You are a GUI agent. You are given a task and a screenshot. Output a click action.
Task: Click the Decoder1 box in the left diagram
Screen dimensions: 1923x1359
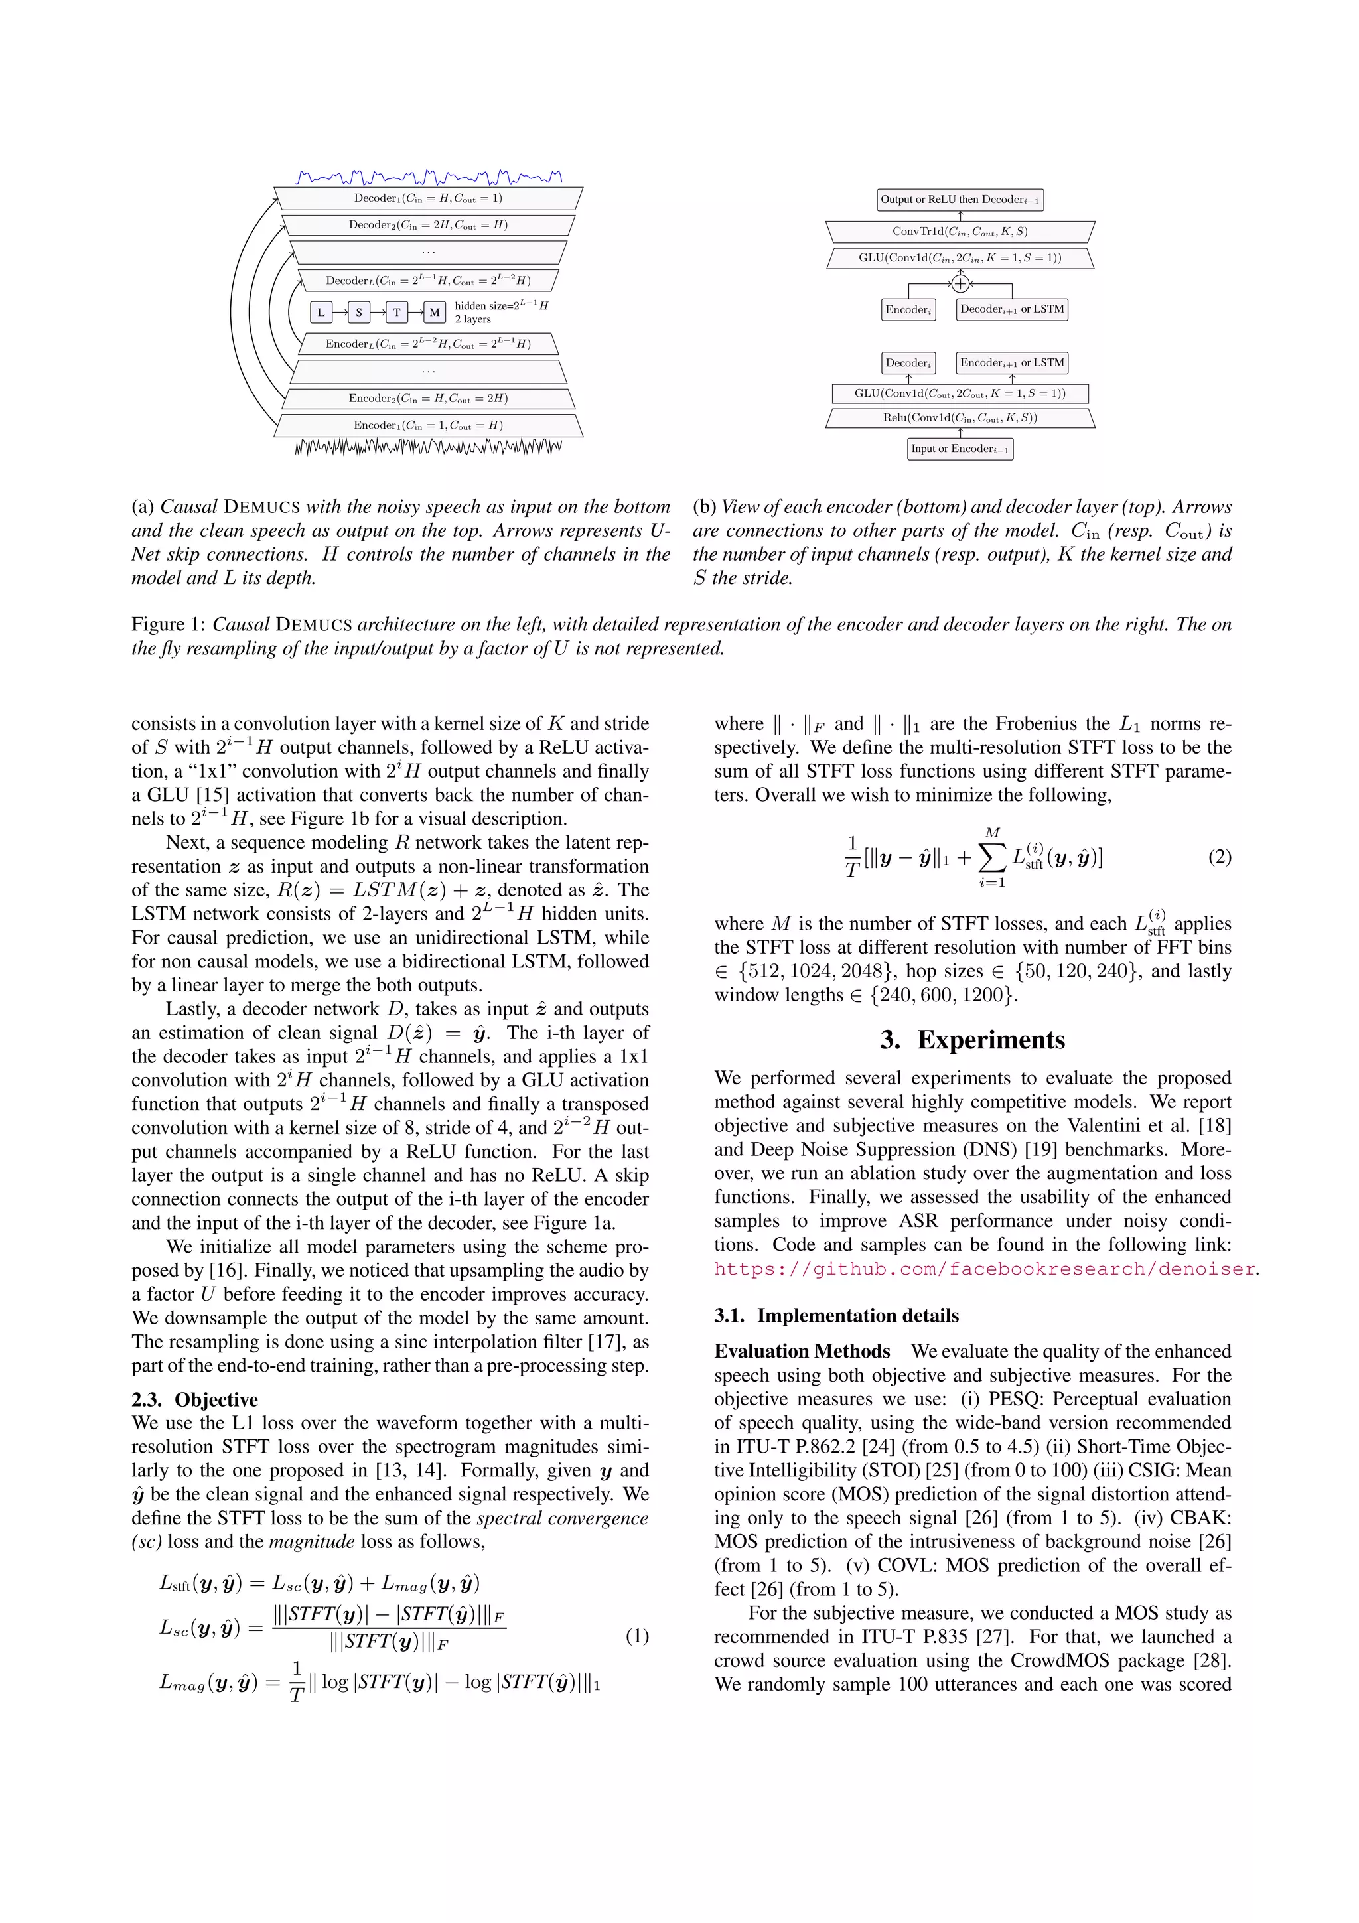(x=428, y=198)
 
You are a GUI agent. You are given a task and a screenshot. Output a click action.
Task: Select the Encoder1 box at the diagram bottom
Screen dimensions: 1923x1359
(x=428, y=425)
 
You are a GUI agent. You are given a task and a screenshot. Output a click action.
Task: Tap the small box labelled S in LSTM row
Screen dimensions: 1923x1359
(x=358, y=313)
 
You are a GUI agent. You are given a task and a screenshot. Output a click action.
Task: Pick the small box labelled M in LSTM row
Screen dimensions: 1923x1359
(x=434, y=313)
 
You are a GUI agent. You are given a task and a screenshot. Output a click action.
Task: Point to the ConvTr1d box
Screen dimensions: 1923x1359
(x=960, y=231)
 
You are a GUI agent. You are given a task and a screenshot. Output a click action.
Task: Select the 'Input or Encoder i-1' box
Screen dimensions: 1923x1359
(x=960, y=449)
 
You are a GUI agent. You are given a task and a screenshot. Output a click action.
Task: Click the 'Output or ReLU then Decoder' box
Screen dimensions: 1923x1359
(x=960, y=199)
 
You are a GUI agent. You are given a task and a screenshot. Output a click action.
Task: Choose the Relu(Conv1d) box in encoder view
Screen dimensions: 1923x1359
(x=960, y=418)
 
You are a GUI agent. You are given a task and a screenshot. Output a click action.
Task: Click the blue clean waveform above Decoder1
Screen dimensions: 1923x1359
(x=428, y=177)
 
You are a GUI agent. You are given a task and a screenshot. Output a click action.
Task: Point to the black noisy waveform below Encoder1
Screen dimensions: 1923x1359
(x=428, y=447)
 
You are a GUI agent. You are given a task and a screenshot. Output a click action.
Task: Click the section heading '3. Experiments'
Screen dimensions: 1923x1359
(x=972, y=1040)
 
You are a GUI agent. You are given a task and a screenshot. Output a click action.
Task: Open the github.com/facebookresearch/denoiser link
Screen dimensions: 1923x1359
(x=984, y=1269)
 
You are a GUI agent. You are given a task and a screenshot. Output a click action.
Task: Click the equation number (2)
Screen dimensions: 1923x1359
(x=1218, y=857)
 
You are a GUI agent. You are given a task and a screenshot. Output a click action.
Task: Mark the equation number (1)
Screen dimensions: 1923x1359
(x=636, y=1636)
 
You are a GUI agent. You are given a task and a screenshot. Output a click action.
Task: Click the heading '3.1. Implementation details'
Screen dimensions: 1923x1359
(x=835, y=1316)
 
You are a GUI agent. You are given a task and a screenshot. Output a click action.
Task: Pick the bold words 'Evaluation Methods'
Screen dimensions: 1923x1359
(x=802, y=1352)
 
